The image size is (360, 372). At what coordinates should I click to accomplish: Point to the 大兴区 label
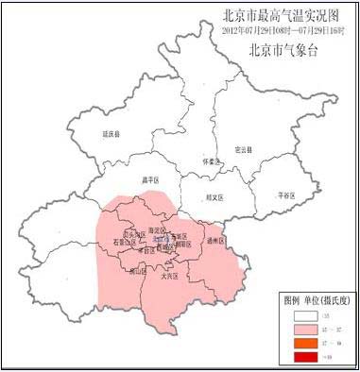[x=171, y=277]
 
